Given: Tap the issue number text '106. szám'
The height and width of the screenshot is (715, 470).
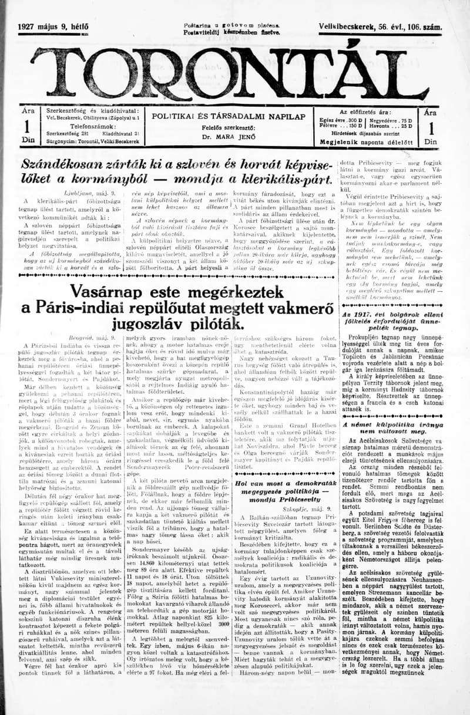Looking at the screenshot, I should (x=422, y=28).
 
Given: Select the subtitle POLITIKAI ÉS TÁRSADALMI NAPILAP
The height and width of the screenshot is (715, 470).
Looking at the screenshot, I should (x=229, y=116).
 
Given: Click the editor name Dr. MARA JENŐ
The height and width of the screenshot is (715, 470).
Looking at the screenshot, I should (x=229, y=136).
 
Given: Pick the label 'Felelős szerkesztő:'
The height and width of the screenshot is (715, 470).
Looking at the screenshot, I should (x=229, y=127).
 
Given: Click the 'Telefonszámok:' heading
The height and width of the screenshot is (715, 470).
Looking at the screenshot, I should (x=93, y=125).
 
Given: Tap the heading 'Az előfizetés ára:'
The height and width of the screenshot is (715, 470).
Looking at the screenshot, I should (x=372, y=111).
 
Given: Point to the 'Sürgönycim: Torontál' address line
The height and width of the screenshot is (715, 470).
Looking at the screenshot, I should (x=93, y=141).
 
